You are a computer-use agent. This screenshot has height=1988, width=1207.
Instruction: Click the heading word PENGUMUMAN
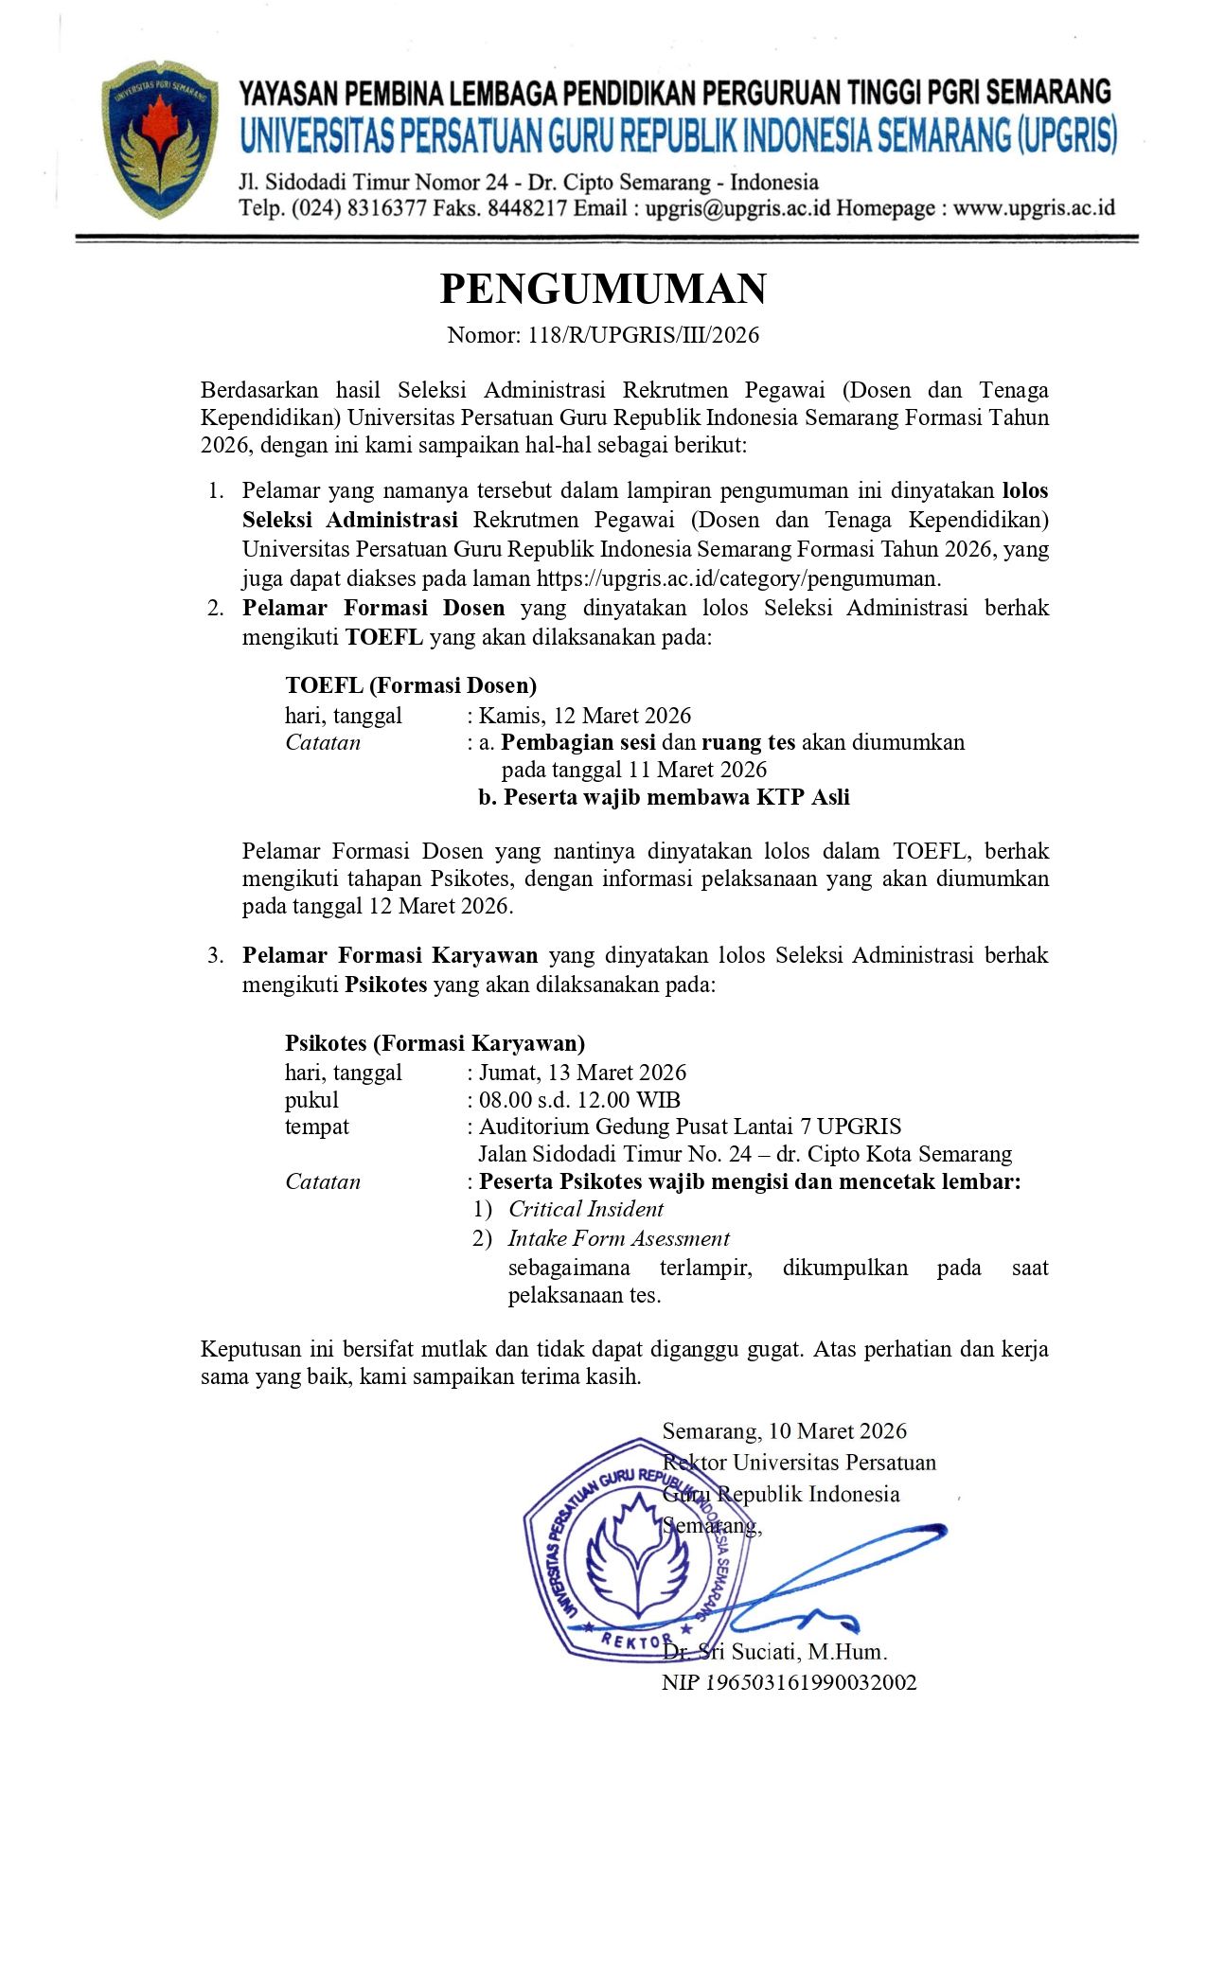coord(603,289)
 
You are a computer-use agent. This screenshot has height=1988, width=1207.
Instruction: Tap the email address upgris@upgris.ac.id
coord(737,208)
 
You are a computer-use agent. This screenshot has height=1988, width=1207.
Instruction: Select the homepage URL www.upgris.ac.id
coord(1034,208)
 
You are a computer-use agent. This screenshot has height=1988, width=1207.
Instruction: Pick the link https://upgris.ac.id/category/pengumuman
coord(737,578)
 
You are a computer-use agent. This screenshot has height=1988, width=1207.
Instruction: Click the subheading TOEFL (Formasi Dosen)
coord(411,685)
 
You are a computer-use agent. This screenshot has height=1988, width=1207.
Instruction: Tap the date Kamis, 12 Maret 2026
coord(585,716)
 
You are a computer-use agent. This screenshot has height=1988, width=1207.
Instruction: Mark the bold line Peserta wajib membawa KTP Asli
coord(676,797)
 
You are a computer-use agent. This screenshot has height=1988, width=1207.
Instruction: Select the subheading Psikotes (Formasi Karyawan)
coord(435,1043)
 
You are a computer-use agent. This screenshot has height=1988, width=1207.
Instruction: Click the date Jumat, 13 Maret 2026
coord(582,1073)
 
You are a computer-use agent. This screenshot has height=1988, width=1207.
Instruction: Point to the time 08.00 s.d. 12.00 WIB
coord(579,1100)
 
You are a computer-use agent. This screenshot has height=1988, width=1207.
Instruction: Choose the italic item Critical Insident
coord(586,1209)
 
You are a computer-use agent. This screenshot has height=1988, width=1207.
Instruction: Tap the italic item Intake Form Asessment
coord(619,1238)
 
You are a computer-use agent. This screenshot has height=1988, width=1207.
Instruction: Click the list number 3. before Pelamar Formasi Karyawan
coord(216,955)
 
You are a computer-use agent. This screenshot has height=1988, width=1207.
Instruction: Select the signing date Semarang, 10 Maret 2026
coord(785,1431)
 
